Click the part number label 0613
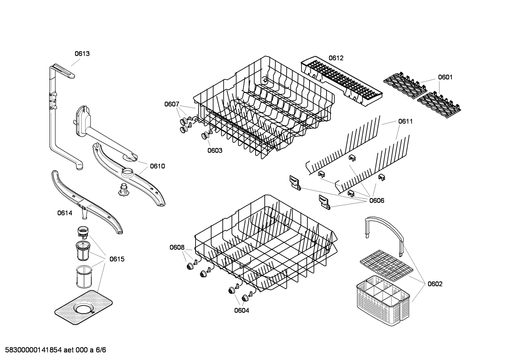click(x=82, y=54)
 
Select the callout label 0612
click(x=336, y=58)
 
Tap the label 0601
click(x=445, y=77)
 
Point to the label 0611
click(x=405, y=121)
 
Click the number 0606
click(x=377, y=201)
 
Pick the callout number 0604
click(x=241, y=311)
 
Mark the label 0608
click(x=177, y=247)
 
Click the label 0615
click(x=117, y=259)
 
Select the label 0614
click(x=65, y=213)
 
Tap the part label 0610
click(x=157, y=166)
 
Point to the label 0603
click(x=215, y=151)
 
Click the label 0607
click(x=172, y=104)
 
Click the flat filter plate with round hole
click(x=84, y=307)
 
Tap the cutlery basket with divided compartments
click(x=383, y=293)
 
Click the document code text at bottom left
click(x=53, y=350)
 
